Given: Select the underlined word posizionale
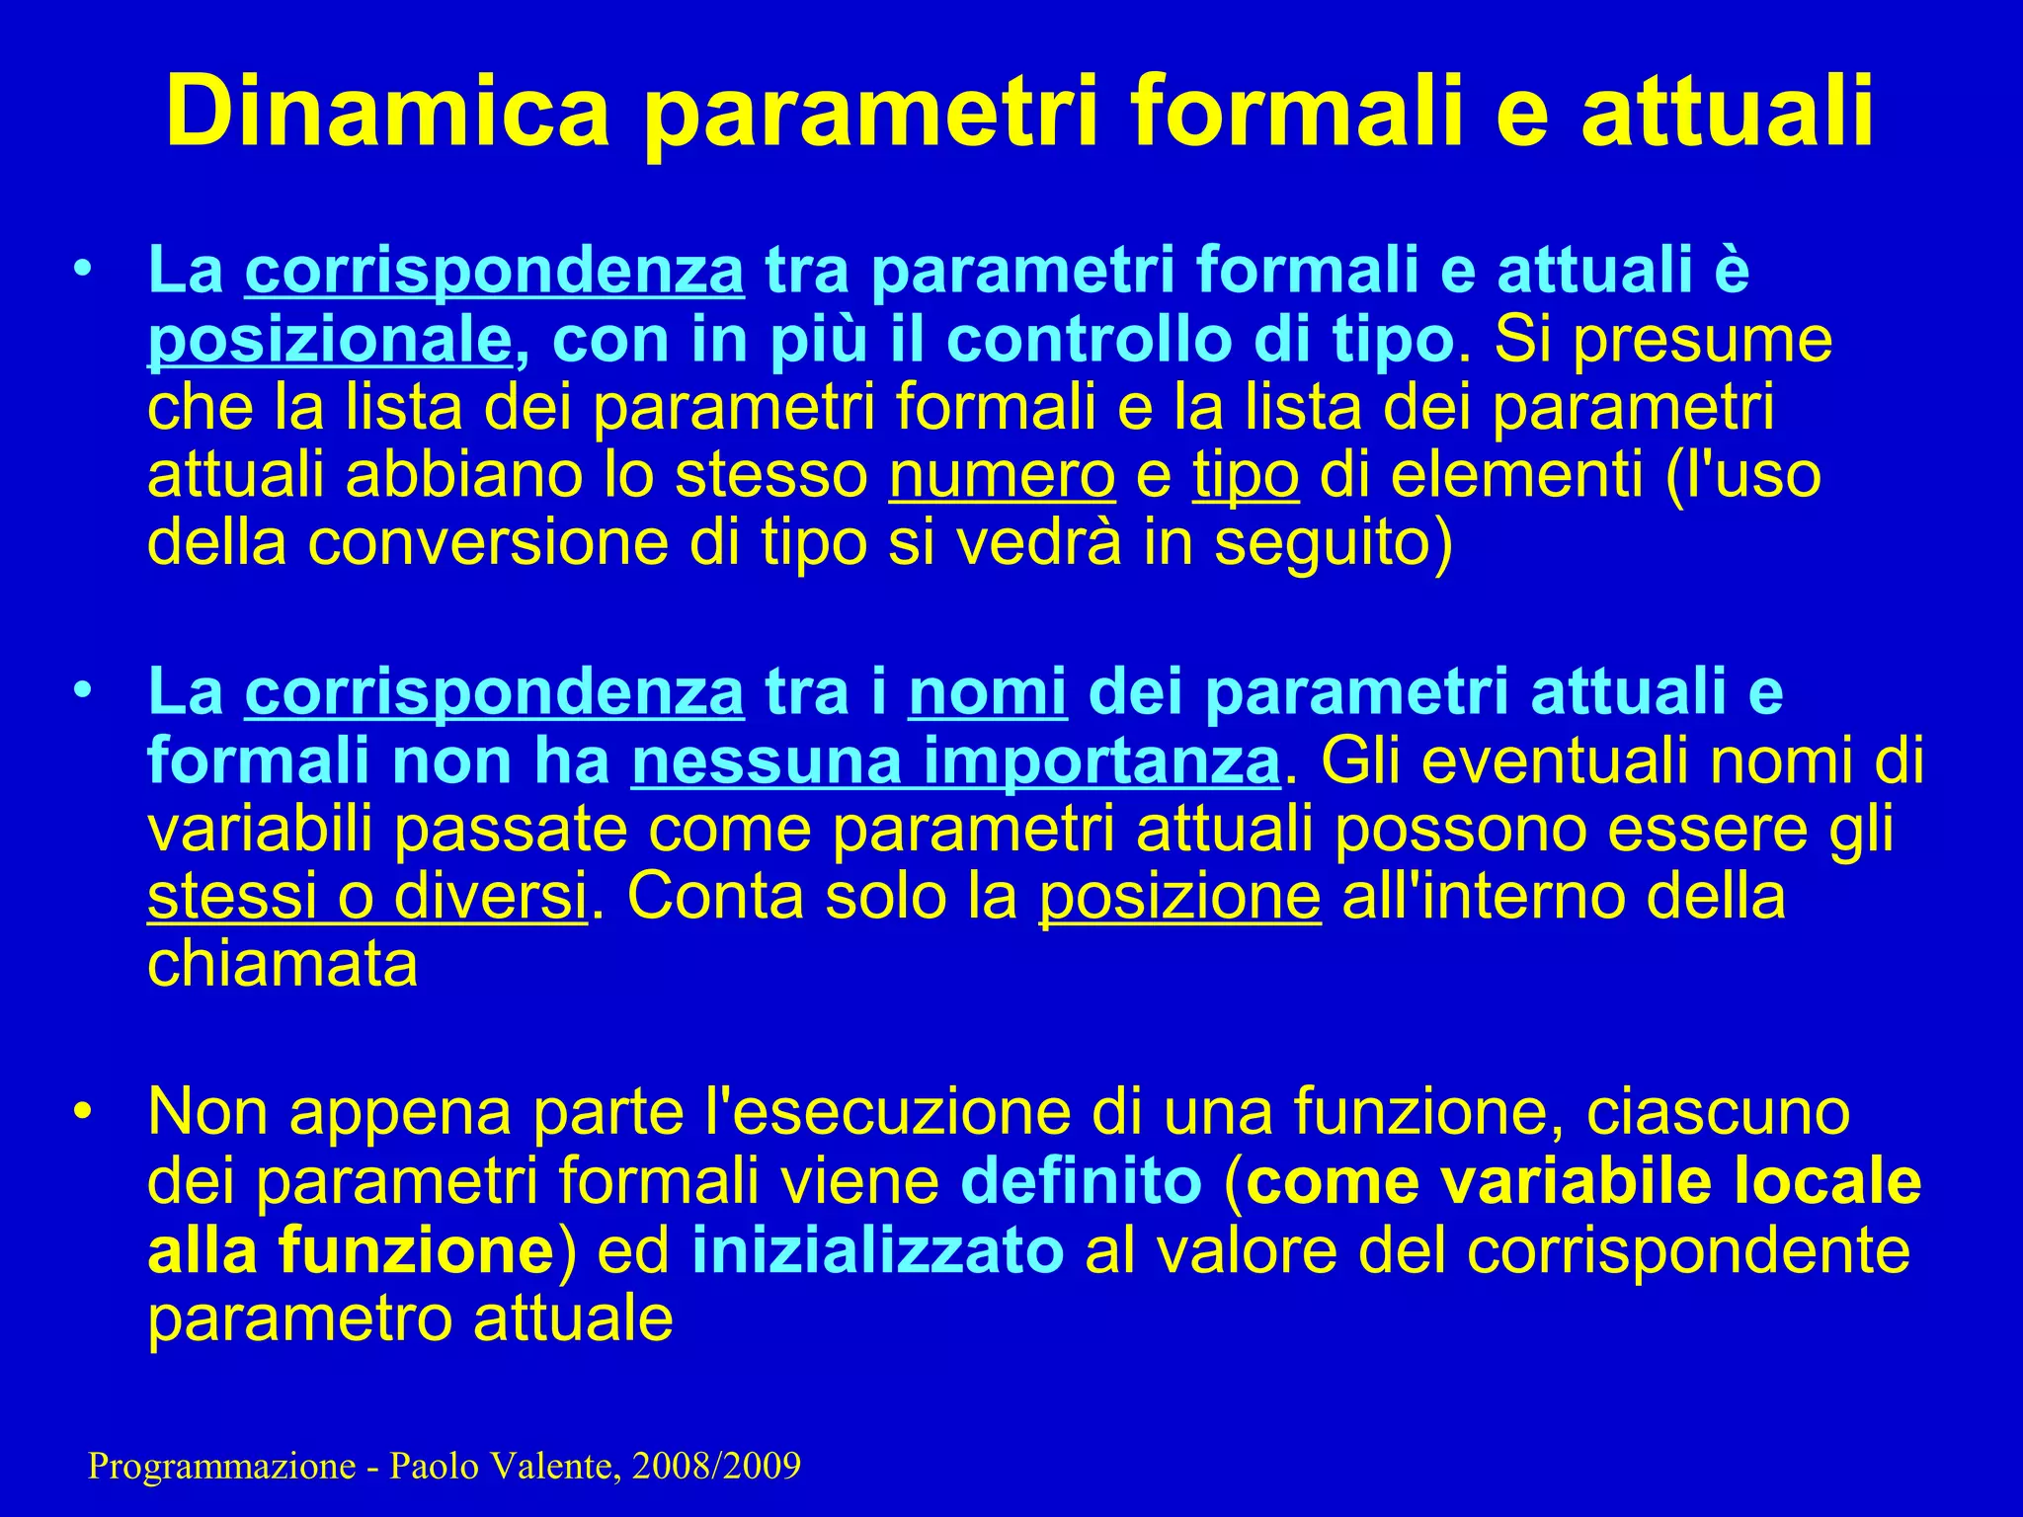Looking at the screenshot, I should coord(330,340).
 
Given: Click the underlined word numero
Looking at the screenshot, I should coord(1002,475).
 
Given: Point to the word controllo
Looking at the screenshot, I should coord(1088,340).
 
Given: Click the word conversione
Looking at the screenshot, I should coord(488,542).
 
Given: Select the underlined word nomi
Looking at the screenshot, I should coord(988,691).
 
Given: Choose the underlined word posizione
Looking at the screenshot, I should coord(1179,897).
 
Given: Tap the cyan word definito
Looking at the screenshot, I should coord(1081,1181).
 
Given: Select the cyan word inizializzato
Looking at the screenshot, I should coord(878,1250).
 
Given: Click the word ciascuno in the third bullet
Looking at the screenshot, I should coord(1718,1112).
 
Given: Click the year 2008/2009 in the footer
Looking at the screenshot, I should coord(716,1467).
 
